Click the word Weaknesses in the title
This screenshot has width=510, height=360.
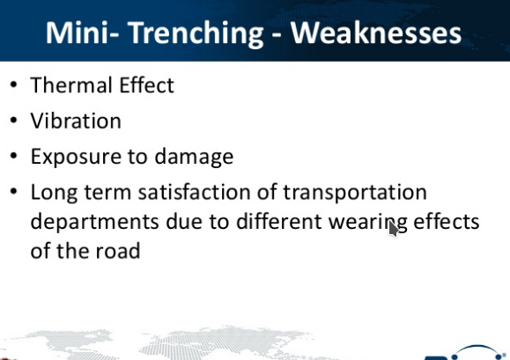[x=375, y=33]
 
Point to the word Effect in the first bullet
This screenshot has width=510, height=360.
[x=147, y=85]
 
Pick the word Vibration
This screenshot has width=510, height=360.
[x=76, y=121]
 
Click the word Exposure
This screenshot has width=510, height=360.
[x=76, y=158]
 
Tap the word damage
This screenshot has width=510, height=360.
[x=194, y=158]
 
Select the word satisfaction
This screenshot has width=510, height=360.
[x=194, y=192]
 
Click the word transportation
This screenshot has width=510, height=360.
[x=355, y=193]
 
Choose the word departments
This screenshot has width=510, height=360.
[x=94, y=222]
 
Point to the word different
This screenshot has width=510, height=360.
[x=279, y=222]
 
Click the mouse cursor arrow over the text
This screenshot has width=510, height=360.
[x=393, y=228]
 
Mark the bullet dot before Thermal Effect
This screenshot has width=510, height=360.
[x=14, y=85]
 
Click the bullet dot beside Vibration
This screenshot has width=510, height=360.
[x=14, y=121]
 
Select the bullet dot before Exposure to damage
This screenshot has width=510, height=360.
[x=14, y=157]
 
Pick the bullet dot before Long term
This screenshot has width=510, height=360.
[x=14, y=192]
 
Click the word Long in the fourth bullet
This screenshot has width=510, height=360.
[x=54, y=194]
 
